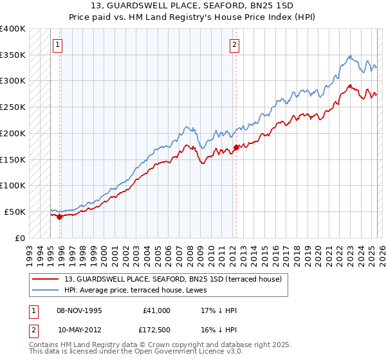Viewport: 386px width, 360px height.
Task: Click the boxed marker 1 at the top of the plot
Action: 58,45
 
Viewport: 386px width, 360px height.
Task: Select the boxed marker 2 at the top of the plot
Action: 234,45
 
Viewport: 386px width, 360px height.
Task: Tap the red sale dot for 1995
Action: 60,217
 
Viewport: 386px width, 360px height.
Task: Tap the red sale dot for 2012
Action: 236,147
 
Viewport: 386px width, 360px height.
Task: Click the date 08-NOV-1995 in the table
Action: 79,310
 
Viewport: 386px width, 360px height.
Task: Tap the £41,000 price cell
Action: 156,310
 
